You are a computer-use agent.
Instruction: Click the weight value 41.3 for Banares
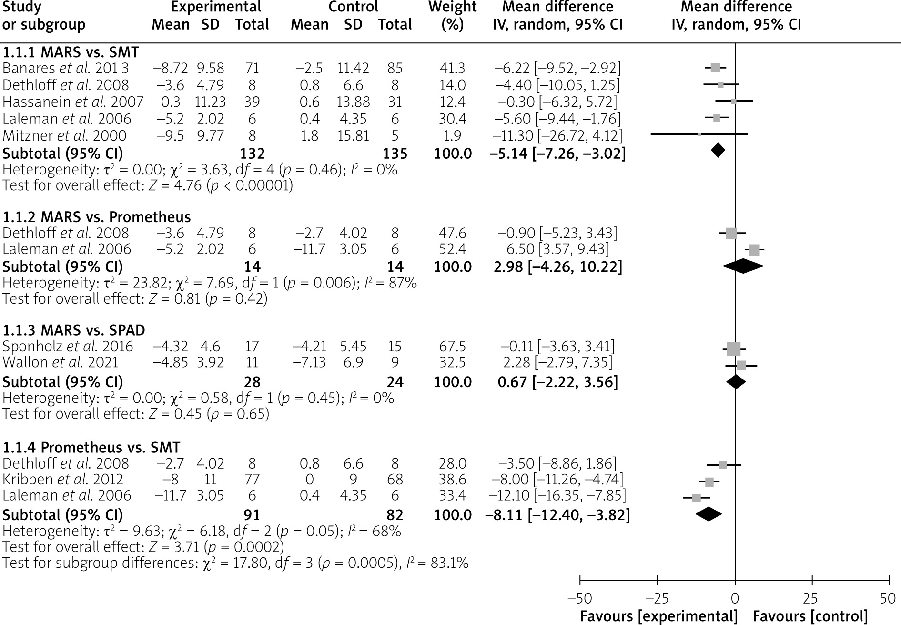(452, 68)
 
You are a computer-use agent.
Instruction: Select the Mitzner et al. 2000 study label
(64, 136)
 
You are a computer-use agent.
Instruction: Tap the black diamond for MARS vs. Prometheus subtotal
(743, 266)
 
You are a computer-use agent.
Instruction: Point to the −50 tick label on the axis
(579, 599)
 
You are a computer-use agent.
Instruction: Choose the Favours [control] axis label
(810, 616)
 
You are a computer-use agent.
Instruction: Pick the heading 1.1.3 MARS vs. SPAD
(74, 330)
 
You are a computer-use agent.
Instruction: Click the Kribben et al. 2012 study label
(63, 479)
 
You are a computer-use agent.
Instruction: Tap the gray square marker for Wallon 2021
(741, 366)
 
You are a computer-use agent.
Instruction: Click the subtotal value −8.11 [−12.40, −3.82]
(557, 515)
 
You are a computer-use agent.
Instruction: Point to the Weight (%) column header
(452, 15)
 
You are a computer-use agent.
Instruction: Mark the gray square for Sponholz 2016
(734, 349)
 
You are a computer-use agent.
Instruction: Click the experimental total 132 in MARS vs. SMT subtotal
(252, 154)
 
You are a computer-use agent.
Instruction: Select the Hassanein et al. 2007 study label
(73, 102)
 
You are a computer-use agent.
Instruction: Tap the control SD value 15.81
(353, 136)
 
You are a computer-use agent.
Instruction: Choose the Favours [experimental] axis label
(658, 616)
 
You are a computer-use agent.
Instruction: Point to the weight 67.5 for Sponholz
(452, 347)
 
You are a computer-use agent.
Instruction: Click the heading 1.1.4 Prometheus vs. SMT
(91, 448)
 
